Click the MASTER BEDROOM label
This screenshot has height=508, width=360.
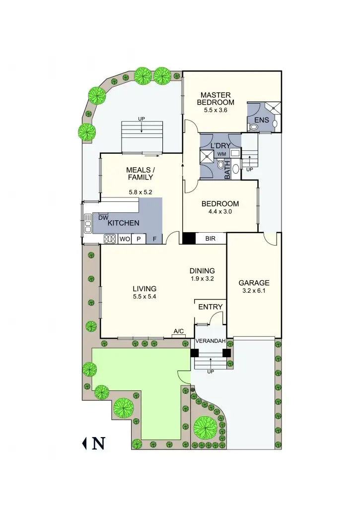[216, 98]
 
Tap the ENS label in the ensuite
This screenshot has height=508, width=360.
[261, 120]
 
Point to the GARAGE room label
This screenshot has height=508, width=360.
[254, 283]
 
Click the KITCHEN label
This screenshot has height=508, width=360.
[123, 223]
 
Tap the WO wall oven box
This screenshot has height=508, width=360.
[124, 239]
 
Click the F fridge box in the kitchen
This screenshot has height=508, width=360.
[154, 239]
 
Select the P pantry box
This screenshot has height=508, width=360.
[139, 239]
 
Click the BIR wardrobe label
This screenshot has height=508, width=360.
[211, 239]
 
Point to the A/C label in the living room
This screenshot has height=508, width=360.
[179, 331]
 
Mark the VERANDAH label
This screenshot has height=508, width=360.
[211, 341]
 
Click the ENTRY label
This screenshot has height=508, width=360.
[211, 307]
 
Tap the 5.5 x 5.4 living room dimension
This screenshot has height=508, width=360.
[144, 297]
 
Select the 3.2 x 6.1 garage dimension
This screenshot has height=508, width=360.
[254, 291]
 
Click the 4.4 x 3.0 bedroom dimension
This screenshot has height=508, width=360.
[220, 211]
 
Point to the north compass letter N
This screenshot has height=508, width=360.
[98, 443]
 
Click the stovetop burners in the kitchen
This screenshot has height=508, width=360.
[110, 239]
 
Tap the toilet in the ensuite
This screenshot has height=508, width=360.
[254, 127]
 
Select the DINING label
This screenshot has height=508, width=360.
[202, 271]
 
